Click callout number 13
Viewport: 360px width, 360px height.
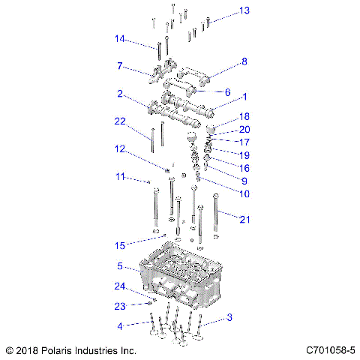[x=244, y=10]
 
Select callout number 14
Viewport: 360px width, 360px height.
[x=121, y=39]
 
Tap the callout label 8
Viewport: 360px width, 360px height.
[x=244, y=61]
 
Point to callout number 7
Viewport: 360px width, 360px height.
[x=120, y=67]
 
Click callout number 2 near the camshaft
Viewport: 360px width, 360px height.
[x=120, y=94]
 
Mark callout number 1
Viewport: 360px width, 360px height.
[x=243, y=98]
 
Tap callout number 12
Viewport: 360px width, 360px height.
[x=120, y=149]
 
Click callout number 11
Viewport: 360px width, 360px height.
[x=120, y=177]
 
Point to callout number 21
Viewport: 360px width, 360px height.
[x=243, y=218]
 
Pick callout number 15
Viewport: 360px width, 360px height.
[x=120, y=245]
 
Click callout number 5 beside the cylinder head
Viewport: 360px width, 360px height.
[x=120, y=266]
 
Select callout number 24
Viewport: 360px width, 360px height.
[x=120, y=287]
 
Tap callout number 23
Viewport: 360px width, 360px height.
[x=120, y=306]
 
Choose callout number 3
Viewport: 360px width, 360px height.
[x=229, y=318]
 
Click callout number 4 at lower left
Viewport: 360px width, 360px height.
[x=120, y=325]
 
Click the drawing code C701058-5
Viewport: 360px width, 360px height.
[x=330, y=350]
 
